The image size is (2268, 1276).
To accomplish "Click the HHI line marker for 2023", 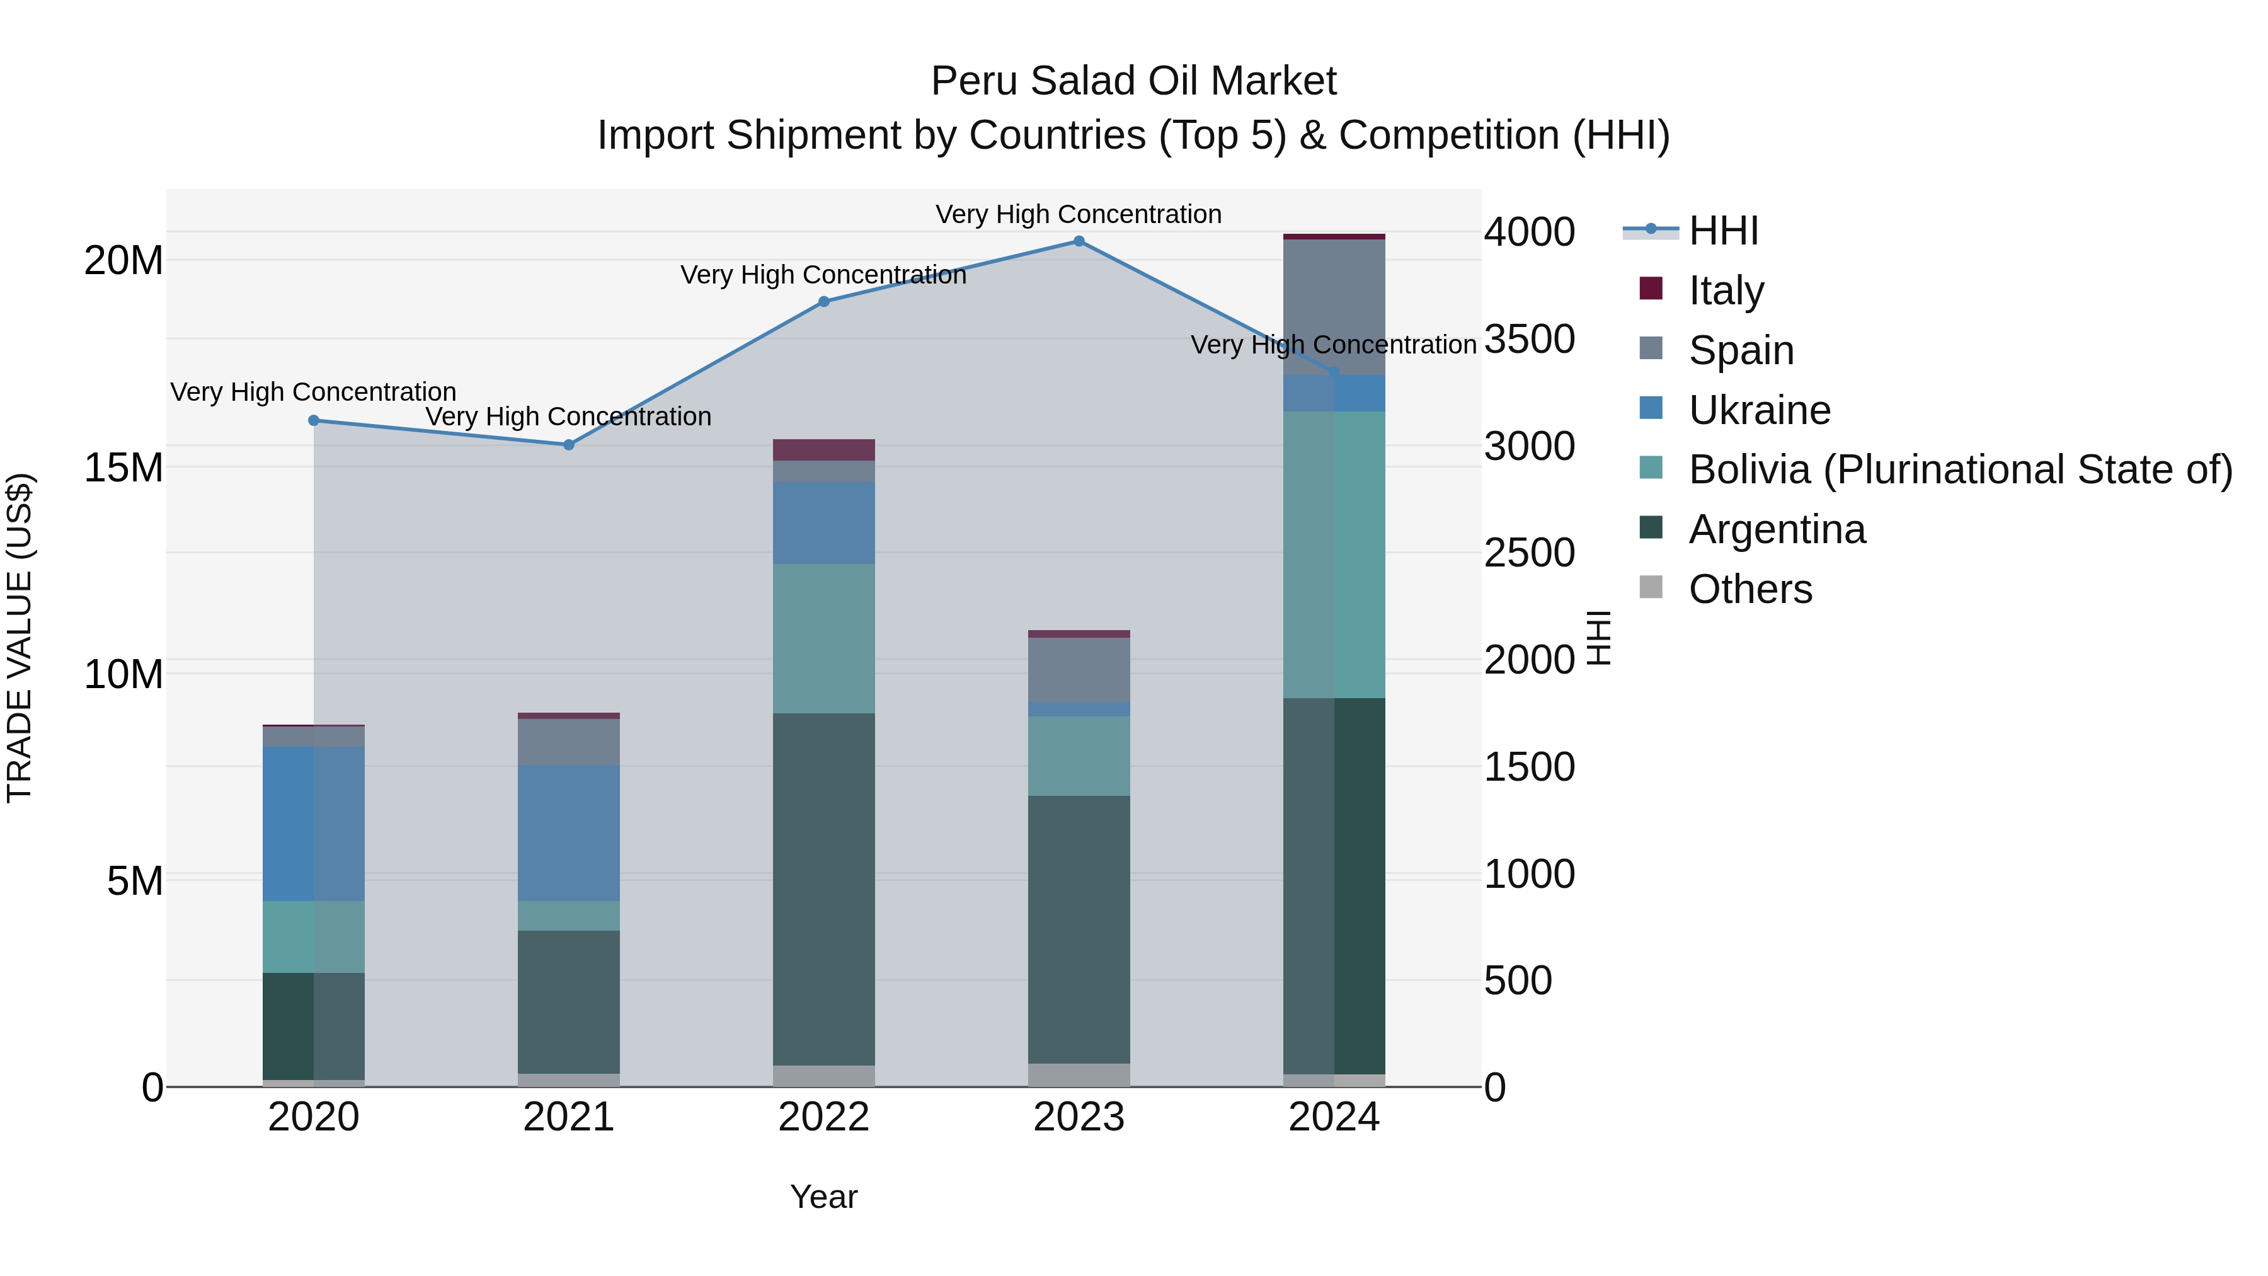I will pyautogui.click(x=1079, y=241).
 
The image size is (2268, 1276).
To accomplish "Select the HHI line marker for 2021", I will pyautogui.click(x=569, y=445).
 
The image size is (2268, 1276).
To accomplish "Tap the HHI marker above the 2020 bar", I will pyautogui.click(x=314, y=421).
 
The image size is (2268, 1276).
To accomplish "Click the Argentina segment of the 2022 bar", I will pyautogui.click(x=823, y=889).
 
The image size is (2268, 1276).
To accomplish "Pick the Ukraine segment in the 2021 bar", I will pyautogui.click(x=569, y=832).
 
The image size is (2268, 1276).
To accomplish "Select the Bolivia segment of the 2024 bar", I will pyautogui.click(x=1334, y=555).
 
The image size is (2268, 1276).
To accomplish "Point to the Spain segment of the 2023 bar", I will pyautogui.click(x=1079, y=669).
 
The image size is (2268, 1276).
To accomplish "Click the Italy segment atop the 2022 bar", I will pyautogui.click(x=823, y=450).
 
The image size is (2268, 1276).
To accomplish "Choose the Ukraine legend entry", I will pyautogui.click(x=1758, y=410).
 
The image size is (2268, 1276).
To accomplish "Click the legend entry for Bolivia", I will pyautogui.click(x=1960, y=470).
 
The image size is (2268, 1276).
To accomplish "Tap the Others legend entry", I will pyautogui.click(x=1750, y=589).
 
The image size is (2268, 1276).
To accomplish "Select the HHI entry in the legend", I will pyautogui.click(x=1722, y=231).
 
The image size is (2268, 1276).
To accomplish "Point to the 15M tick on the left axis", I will pyautogui.click(x=123, y=468).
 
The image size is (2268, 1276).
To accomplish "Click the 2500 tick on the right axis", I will pyautogui.click(x=1529, y=553).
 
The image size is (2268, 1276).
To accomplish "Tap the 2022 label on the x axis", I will pyautogui.click(x=823, y=1117).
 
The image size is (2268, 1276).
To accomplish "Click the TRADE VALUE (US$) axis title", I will pyautogui.click(x=20, y=638).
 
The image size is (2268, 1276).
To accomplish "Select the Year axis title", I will pyautogui.click(x=823, y=1197).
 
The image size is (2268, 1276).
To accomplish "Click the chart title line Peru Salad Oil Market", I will pyautogui.click(x=1133, y=81).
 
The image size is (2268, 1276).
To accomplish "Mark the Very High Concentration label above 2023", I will pyautogui.click(x=1079, y=214).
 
